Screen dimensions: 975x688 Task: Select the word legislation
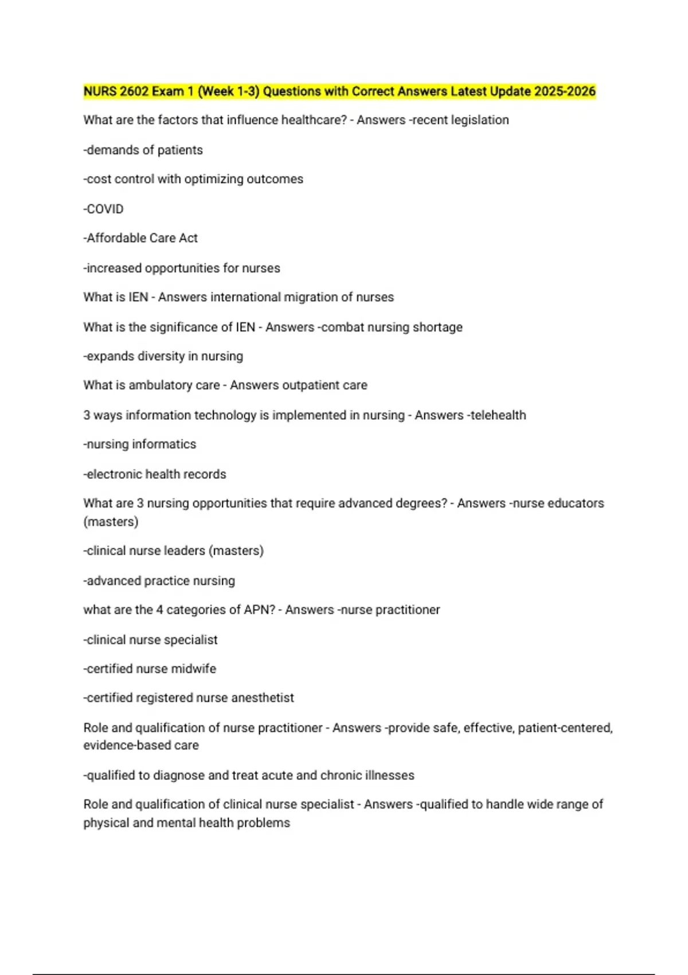[480, 120]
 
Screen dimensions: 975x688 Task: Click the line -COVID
[103, 209]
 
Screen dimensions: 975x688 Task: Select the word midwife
[194, 669]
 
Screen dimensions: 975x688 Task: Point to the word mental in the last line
[175, 823]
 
